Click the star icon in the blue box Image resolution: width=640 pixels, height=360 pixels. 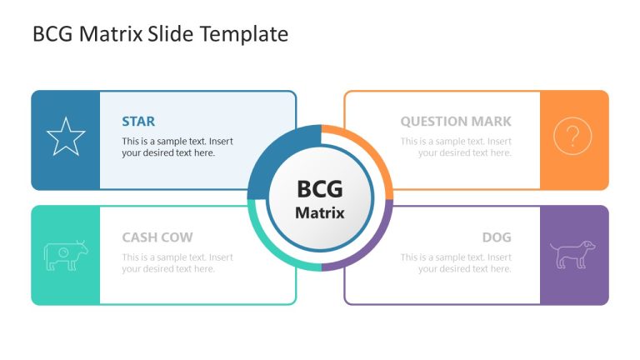[x=65, y=137]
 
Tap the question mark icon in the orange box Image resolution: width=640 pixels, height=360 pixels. [x=572, y=136]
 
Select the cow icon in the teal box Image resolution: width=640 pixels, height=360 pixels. [x=65, y=254]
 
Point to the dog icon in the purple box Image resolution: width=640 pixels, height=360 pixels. [x=573, y=254]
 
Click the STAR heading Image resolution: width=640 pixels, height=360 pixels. [x=138, y=122]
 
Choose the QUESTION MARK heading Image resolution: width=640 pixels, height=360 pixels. [x=456, y=122]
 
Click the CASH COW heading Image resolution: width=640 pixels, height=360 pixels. [x=157, y=237]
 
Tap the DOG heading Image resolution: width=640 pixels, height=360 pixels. [x=497, y=237]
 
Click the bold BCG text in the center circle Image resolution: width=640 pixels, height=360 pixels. [x=320, y=189]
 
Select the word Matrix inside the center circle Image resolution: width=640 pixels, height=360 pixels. [x=320, y=212]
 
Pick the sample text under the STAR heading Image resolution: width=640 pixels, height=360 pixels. [x=177, y=147]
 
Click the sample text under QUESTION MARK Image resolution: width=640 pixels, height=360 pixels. [x=456, y=147]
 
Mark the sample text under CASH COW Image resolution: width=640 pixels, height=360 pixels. [x=177, y=263]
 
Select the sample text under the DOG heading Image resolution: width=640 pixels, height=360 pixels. [x=456, y=263]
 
